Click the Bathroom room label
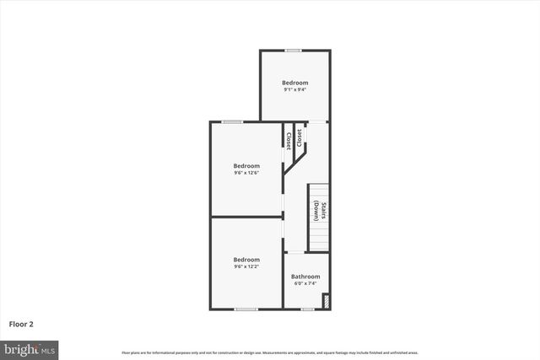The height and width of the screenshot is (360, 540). (305, 277)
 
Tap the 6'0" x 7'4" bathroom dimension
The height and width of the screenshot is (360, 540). (305, 283)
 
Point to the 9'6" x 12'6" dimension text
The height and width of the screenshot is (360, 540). (246, 173)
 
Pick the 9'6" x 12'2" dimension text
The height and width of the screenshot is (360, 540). (246, 266)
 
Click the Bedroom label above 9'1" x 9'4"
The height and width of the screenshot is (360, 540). (294, 83)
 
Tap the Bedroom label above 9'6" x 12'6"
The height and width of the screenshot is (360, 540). (246, 166)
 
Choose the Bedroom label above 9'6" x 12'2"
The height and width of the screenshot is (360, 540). (246, 260)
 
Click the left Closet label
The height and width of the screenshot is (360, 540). (289, 141)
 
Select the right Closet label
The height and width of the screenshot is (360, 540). (300, 137)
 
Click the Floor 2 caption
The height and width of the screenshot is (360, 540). (21, 323)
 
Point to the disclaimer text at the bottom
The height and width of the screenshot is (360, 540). (270, 352)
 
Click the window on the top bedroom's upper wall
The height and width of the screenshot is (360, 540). (294, 51)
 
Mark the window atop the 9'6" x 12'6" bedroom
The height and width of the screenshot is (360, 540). (233, 122)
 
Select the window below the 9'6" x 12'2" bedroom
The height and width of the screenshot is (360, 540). (246, 309)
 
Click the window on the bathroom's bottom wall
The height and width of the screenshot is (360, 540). (307, 309)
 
